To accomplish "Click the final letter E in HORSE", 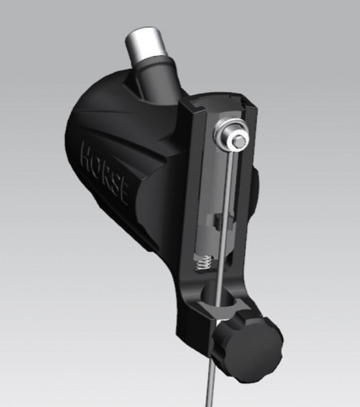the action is click(123, 194).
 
